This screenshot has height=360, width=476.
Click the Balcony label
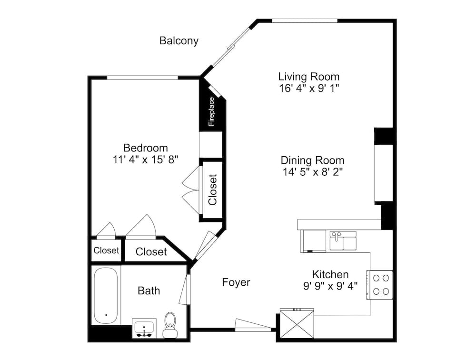pos(178,41)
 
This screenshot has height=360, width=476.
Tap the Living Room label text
pos(308,76)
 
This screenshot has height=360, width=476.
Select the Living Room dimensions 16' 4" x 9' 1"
pos(308,88)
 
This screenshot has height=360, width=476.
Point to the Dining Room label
pos(312,160)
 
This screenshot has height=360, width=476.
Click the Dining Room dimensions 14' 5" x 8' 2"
pos(312,172)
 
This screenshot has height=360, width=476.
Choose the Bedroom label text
pos(145,148)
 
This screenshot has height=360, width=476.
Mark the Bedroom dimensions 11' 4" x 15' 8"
pos(145,160)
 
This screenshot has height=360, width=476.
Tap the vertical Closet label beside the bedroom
pos(213,190)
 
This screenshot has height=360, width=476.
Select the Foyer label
pos(236,282)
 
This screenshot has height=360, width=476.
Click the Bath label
pos(149,290)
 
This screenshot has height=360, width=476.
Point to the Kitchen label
pos(330,274)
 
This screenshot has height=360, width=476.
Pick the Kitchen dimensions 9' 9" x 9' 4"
pos(330,286)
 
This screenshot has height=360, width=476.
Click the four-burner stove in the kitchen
pos(379,284)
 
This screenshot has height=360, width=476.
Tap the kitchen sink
pos(343,240)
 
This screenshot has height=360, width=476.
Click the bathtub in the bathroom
pos(105,296)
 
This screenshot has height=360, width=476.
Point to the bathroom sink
pos(143,329)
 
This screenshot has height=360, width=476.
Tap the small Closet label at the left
pos(106,250)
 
